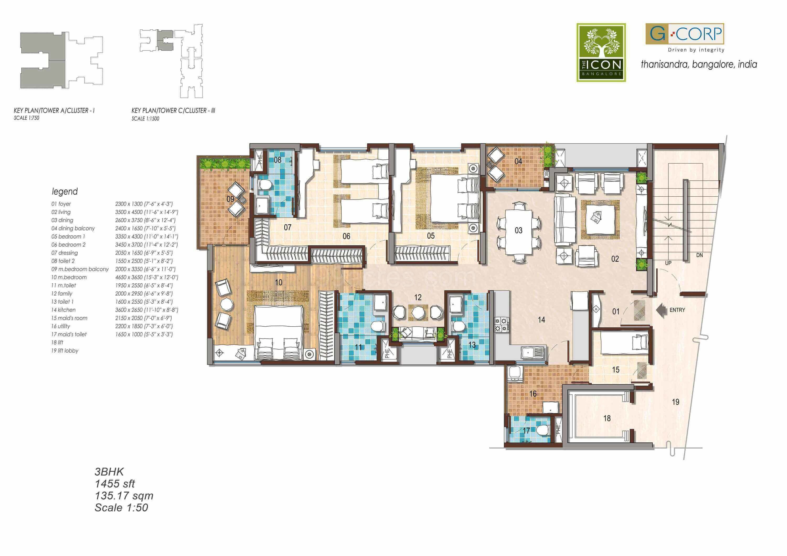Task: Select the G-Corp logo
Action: click(684, 34)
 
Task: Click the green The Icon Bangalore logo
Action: click(601, 52)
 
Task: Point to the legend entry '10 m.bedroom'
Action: click(69, 277)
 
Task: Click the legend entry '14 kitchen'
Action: click(63, 310)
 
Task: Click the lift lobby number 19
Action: click(675, 402)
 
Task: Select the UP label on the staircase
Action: click(668, 263)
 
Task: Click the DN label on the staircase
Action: click(700, 255)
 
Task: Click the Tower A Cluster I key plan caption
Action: click(54, 111)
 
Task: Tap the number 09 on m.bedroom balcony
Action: click(230, 199)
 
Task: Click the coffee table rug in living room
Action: click(600, 219)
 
